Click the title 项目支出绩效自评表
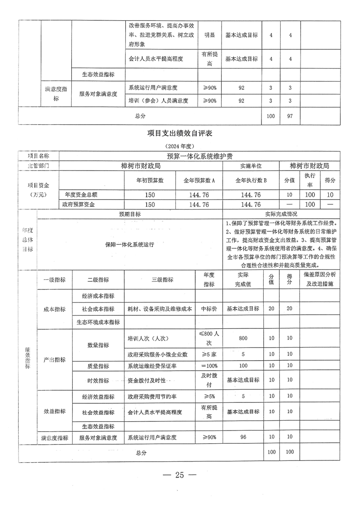pos(180,133)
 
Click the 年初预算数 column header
pos(150,180)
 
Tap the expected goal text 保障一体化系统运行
pos(129,245)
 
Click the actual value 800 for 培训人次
pos(242,338)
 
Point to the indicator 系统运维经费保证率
pos(154,366)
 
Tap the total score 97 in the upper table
pos(290,116)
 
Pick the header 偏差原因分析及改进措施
pos(319,279)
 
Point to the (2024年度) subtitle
pos(180,147)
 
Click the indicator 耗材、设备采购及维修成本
pos(160,308)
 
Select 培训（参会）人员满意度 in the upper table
pos(158,100)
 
